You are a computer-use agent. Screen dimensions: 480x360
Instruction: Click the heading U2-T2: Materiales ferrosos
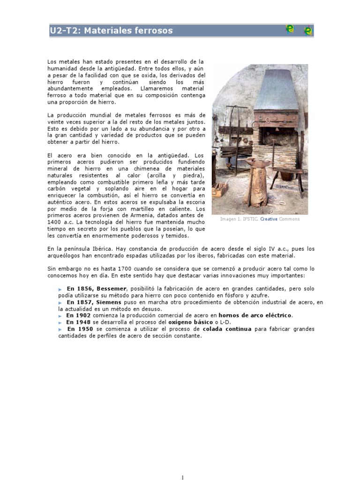click(x=111, y=31)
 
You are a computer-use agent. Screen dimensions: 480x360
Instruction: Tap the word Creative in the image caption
click(x=269, y=219)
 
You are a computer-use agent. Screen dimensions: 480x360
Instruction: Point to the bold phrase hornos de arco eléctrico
click(x=255, y=315)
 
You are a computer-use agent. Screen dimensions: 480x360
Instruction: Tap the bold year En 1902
click(x=78, y=315)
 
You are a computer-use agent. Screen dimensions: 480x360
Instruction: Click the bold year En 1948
click(x=78, y=322)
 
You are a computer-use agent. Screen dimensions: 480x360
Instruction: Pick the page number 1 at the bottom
click(x=183, y=477)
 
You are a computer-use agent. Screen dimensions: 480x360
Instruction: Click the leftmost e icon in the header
click(x=290, y=29)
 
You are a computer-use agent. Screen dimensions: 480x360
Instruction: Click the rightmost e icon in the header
click(x=308, y=31)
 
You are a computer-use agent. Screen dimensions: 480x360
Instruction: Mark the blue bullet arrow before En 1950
click(x=60, y=330)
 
